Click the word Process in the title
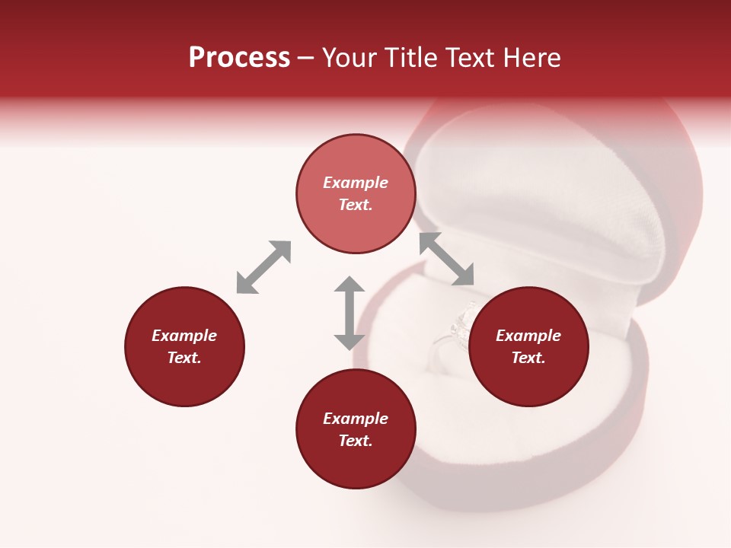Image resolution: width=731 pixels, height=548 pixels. point(239,58)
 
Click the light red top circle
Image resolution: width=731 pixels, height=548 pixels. point(356,160)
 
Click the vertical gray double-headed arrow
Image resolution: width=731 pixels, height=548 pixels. point(350,313)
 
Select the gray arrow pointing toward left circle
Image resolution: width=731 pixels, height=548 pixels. point(263,267)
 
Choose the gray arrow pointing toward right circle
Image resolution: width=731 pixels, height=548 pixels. point(447,259)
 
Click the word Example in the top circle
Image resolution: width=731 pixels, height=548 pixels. point(356,183)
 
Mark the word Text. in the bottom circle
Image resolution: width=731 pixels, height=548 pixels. point(356,441)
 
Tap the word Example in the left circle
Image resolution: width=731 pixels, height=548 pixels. point(184,336)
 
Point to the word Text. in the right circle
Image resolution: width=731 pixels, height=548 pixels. point(528,358)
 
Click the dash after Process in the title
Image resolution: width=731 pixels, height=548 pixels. point(305,58)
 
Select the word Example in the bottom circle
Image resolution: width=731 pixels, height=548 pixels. point(356,419)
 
